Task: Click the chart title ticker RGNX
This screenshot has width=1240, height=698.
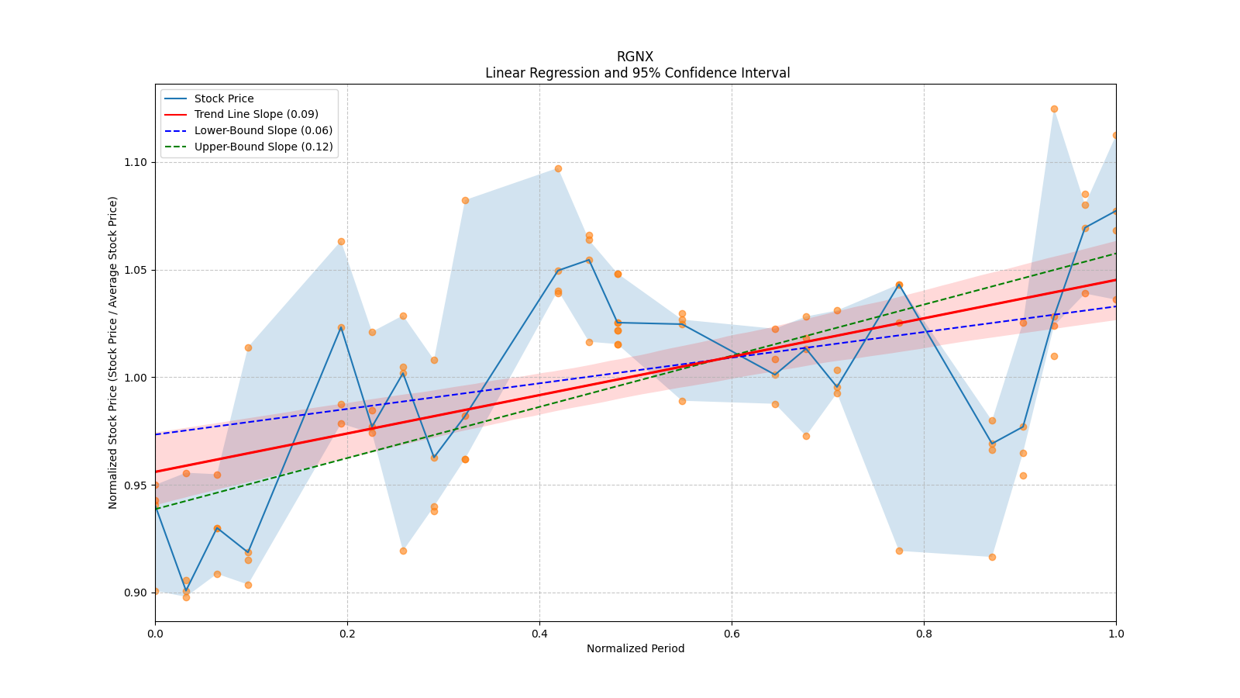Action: tap(635, 57)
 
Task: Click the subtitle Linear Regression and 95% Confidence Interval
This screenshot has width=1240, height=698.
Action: tap(637, 73)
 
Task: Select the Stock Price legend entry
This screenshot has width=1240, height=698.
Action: tap(224, 98)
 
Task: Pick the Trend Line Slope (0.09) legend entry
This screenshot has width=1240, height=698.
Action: tap(256, 115)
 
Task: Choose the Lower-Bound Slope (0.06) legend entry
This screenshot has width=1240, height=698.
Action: tap(263, 131)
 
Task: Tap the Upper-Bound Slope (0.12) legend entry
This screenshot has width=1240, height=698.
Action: tap(263, 147)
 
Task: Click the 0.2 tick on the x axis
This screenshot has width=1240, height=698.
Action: tap(347, 634)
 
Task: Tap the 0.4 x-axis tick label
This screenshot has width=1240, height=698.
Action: tap(539, 634)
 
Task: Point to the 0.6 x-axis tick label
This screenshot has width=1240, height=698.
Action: tap(732, 634)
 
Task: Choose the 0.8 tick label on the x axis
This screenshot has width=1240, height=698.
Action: tap(924, 634)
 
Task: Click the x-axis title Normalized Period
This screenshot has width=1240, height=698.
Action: tap(635, 648)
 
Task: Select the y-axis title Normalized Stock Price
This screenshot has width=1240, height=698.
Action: tap(113, 352)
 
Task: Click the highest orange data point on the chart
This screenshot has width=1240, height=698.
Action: tap(1054, 109)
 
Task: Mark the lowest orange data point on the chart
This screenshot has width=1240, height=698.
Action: tap(186, 597)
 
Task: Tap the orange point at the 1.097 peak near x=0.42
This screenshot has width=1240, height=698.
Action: tap(558, 168)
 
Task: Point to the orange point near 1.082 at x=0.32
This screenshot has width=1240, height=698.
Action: tap(465, 200)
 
